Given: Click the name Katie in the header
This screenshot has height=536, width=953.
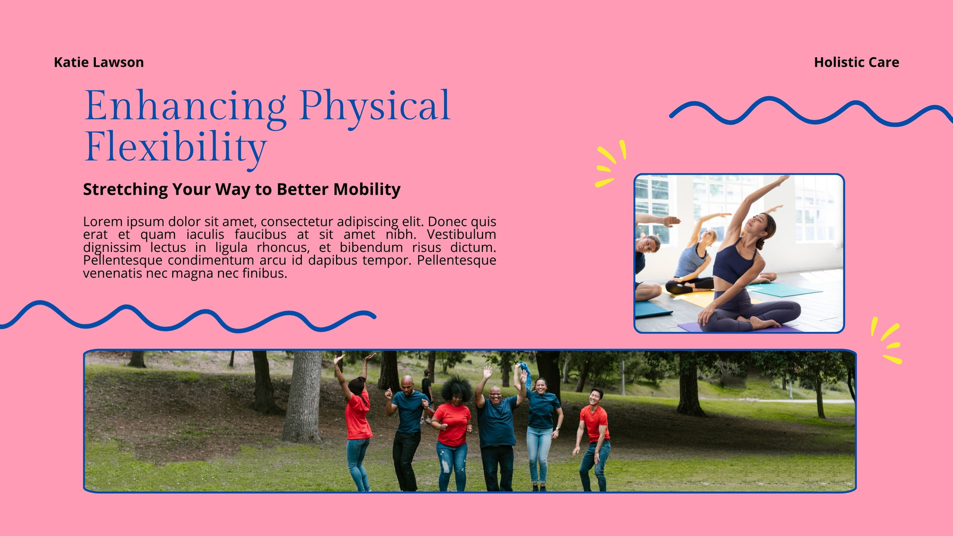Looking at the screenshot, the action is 71,62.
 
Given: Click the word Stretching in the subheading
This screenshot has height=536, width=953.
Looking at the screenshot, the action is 126,189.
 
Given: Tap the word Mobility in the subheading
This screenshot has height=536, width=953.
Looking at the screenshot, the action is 367,189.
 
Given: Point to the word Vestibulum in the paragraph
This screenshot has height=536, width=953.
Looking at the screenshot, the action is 461,235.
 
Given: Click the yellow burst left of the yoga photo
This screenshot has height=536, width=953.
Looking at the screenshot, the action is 609,163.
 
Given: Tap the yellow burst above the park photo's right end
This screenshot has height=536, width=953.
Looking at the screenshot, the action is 887,340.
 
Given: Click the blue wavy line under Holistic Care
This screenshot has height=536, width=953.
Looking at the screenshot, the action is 811,111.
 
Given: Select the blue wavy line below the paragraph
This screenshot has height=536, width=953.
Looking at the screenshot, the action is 187,316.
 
